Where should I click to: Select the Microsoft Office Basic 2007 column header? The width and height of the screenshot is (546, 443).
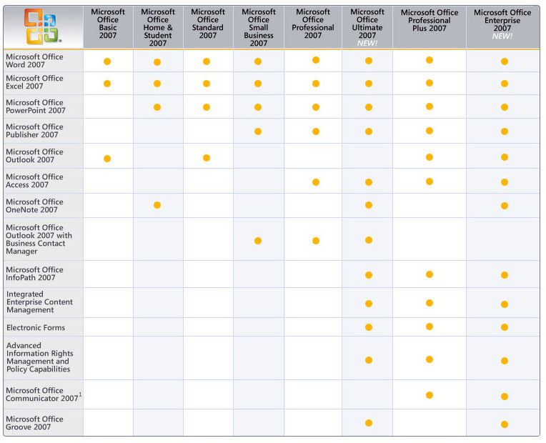click(108, 24)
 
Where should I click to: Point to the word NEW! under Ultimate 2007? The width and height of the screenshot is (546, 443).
click(367, 44)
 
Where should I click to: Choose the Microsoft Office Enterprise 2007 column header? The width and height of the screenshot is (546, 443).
click(502, 20)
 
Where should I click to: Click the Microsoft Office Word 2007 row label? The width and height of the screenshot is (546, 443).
click(34, 61)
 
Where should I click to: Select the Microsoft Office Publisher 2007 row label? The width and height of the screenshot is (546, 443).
click(34, 131)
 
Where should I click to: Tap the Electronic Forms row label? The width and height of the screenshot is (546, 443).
click(36, 327)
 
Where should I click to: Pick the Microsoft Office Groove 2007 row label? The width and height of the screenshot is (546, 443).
click(34, 423)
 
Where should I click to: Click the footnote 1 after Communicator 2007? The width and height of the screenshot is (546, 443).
click(80, 394)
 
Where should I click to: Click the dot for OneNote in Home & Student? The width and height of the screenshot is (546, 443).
click(157, 206)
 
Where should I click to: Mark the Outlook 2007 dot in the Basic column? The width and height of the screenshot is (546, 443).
click(107, 158)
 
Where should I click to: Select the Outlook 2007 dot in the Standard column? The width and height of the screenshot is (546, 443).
click(207, 158)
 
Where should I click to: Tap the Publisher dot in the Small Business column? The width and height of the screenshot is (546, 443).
click(258, 131)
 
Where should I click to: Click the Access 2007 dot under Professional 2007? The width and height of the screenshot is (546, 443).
click(316, 182)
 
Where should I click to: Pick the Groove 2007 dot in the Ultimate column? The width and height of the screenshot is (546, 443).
click(369, 423)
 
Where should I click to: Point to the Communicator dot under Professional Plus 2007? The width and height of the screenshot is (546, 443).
click(430, 395)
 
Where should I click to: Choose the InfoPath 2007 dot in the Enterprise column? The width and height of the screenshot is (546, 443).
click(505, 275)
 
